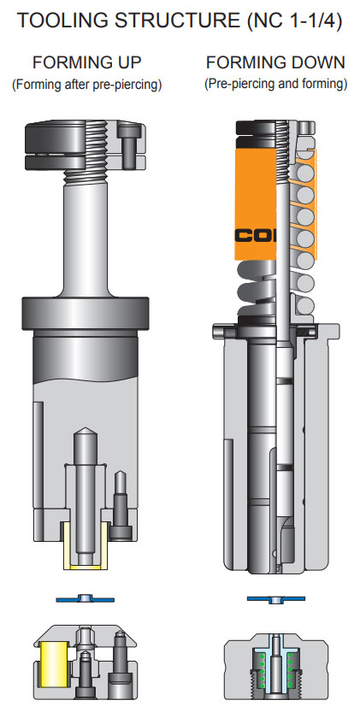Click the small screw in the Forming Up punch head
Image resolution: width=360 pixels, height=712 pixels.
[128, 144]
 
